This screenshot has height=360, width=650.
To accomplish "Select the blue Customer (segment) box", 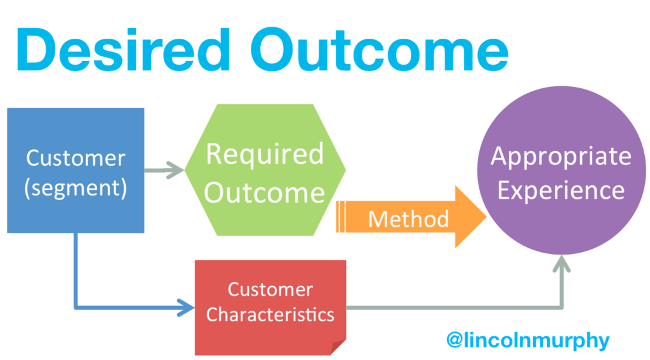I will [x=75, y=170].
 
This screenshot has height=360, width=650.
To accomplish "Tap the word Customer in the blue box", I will [x=75, y=158].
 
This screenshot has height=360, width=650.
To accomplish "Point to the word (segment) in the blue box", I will [x=75, y=189].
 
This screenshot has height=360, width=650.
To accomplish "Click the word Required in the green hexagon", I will [x=265, y=154].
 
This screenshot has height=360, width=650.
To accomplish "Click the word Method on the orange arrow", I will [x=408, y=219].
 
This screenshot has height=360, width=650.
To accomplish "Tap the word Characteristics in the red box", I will [x=270, y=314].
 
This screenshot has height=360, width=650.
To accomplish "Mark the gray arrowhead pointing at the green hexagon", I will [x=177, y=170].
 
